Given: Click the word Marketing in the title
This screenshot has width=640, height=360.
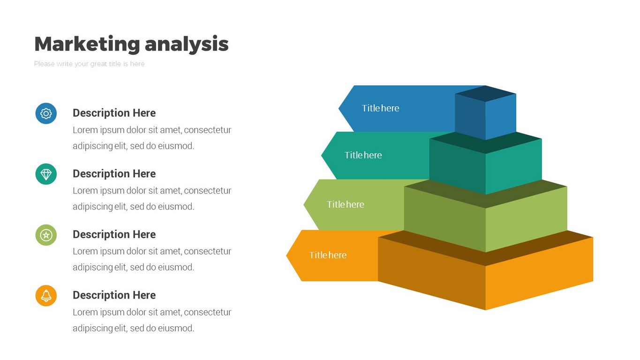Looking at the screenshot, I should (87, 44).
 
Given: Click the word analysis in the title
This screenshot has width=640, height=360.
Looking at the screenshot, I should (187, 44).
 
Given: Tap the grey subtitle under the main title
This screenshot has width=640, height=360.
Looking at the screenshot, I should (89, 64).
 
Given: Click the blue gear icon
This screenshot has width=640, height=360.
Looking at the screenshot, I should (46, 113).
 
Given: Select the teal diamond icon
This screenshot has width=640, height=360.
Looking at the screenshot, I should (46, 174).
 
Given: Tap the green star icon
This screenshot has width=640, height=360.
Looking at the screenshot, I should (46, 235).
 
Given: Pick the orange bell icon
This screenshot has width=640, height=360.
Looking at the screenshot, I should (46, 296).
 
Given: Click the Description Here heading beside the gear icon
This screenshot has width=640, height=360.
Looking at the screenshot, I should (114, 113).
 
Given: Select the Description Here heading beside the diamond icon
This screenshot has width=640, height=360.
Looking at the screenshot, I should (114, 174).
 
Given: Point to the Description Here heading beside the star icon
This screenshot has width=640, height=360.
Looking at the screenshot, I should (114, 234).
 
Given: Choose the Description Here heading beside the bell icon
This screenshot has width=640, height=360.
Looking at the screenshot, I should (114, 295).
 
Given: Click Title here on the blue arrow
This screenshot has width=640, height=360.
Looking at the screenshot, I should (380, 108).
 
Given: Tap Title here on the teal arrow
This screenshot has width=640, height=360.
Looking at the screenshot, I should (363, 155).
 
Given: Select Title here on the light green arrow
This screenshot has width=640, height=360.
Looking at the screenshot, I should (346, 204).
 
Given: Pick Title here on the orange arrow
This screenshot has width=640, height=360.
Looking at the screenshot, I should (328, 255).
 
